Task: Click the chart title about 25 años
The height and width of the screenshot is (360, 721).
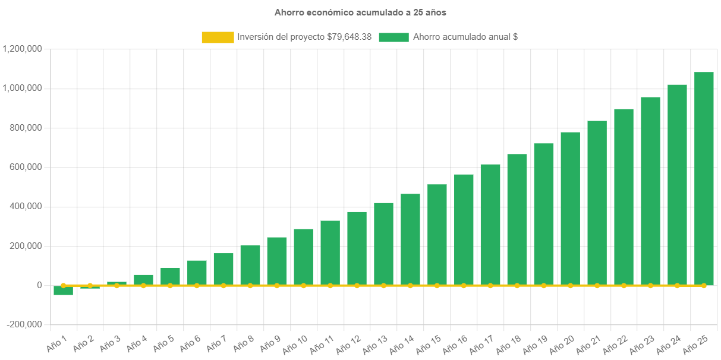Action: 360,12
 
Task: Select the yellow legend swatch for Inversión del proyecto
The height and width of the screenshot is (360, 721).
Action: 218,37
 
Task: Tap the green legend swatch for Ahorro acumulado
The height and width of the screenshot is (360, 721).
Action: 393,37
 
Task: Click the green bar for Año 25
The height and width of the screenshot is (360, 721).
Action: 704,178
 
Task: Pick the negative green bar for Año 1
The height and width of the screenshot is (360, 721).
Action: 63,290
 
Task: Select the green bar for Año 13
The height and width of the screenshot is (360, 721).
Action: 383,244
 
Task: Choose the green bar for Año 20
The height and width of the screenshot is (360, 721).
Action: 571,208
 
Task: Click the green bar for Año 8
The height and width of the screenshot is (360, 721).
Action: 250,265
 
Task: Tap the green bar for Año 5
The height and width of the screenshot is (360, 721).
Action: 170,276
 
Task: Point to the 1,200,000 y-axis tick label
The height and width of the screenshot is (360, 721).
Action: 22,49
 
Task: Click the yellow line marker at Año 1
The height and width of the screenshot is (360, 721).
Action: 63,285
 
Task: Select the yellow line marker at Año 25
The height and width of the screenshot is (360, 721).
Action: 704,286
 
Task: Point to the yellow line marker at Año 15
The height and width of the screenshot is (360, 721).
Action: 437,286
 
